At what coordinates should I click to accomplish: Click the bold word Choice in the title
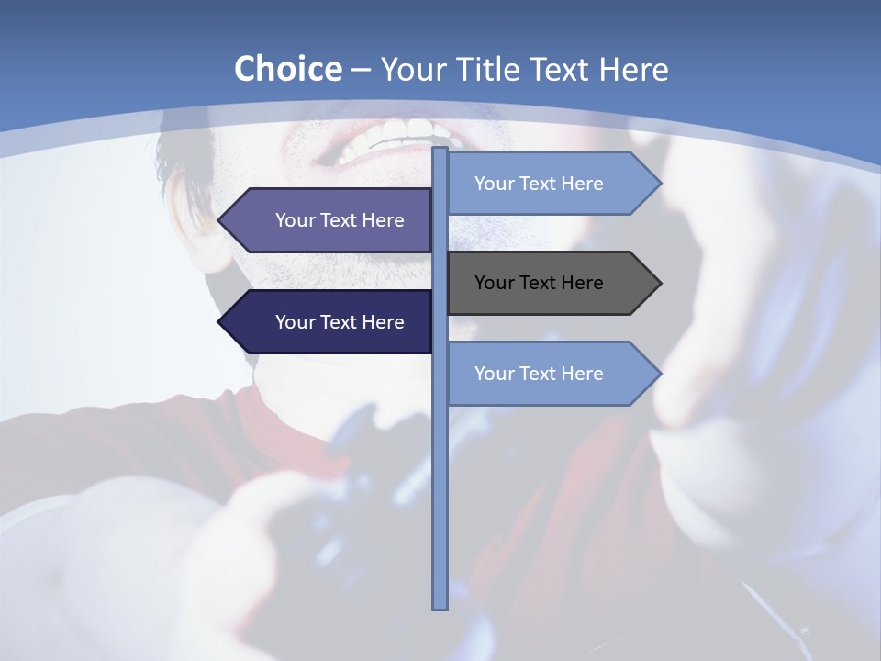[287, 69]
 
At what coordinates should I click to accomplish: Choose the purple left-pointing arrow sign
[330, 220]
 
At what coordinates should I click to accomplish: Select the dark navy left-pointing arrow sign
[330, 322]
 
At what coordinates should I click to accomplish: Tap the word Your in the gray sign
[494, 283]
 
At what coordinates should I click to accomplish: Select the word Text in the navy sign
[340, 322]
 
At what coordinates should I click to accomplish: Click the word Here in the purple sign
[383, 220]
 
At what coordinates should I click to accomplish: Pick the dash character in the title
[361, 69]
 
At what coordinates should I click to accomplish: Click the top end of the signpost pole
[440, 151]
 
